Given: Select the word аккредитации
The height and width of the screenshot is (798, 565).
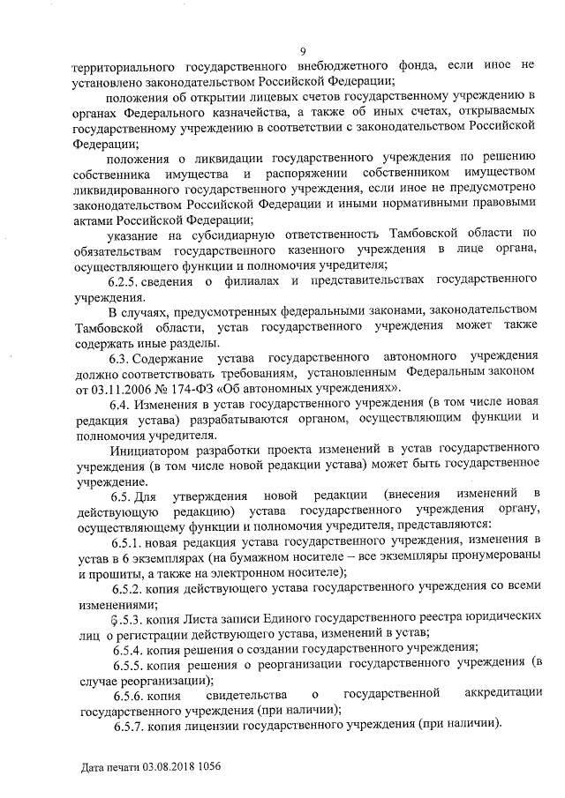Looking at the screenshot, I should [x=501, y=694].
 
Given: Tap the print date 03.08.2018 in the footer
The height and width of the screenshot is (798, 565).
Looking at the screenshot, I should [x=163, y=768].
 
